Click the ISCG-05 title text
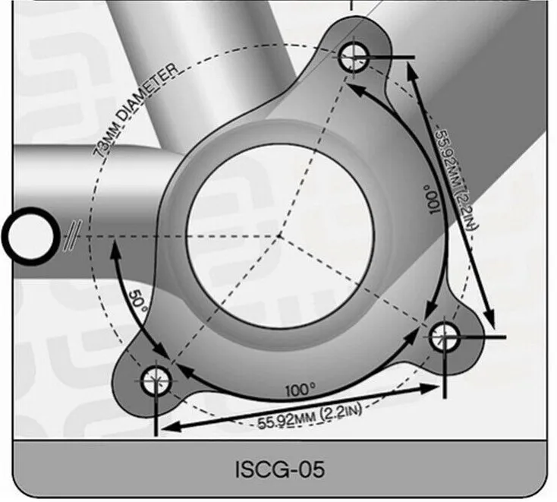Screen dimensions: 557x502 (280, 469)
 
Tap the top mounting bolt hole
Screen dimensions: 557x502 (354, 57)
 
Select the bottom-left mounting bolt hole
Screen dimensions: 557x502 (156, 380)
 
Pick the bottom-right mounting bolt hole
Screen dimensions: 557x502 (444, 336)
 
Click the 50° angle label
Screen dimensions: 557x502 (138, 301)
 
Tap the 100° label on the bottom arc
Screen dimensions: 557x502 (301, 390)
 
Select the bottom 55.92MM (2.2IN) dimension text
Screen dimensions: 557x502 (310, 417)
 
